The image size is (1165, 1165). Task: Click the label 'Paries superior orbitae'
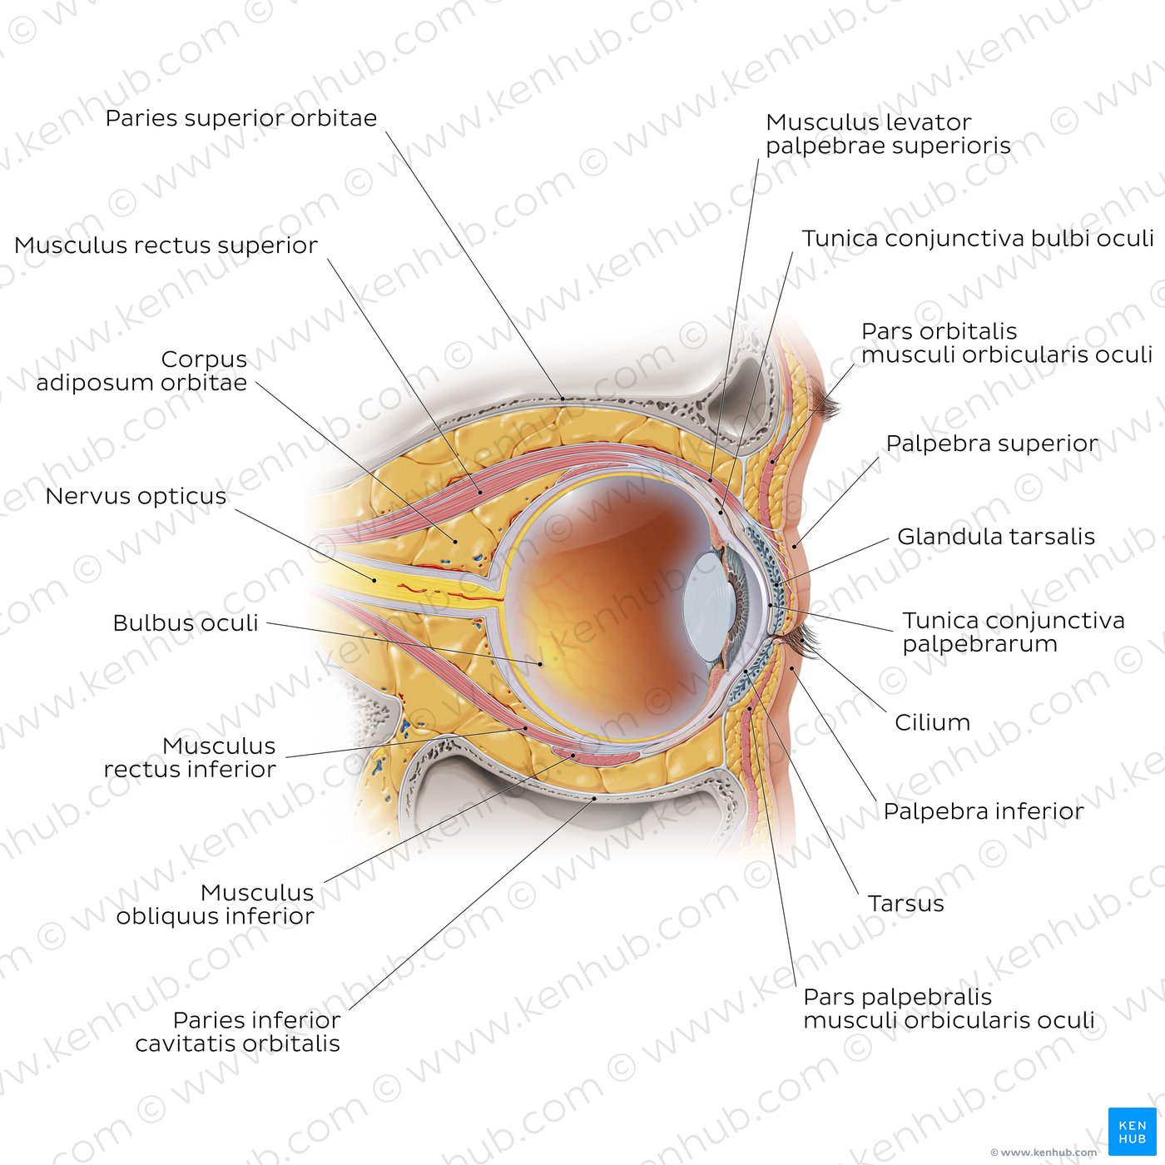pos(240,118)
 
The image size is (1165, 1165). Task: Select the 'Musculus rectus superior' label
pos(166,245)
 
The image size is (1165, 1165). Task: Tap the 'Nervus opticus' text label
pos(136,496)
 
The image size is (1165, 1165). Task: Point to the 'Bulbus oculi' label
pos(185,622)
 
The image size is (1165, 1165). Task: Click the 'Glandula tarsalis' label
pos(995,536)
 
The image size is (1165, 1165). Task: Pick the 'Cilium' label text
pos(932,722)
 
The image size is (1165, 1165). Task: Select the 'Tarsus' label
pos(905,903)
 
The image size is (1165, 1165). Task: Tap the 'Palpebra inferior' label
pos(983,811)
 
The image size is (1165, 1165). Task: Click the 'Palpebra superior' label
pos(991,444)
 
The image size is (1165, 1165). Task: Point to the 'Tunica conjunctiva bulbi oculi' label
pos(978,238)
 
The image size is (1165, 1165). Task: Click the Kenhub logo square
pos(1132,1132)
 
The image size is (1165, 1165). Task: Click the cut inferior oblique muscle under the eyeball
pos(596,755)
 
